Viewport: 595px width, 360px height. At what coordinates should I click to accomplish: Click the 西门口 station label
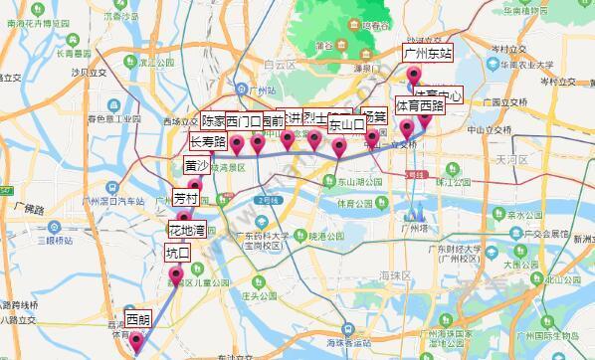coord(244,122)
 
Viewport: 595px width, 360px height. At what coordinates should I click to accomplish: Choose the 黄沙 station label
coord(197,166)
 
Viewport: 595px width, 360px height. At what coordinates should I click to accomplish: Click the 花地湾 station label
coord(186,232)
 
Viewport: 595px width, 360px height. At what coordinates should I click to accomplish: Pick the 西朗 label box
coord(138,320)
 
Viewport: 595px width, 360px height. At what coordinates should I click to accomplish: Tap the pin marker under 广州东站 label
coord(414,76)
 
